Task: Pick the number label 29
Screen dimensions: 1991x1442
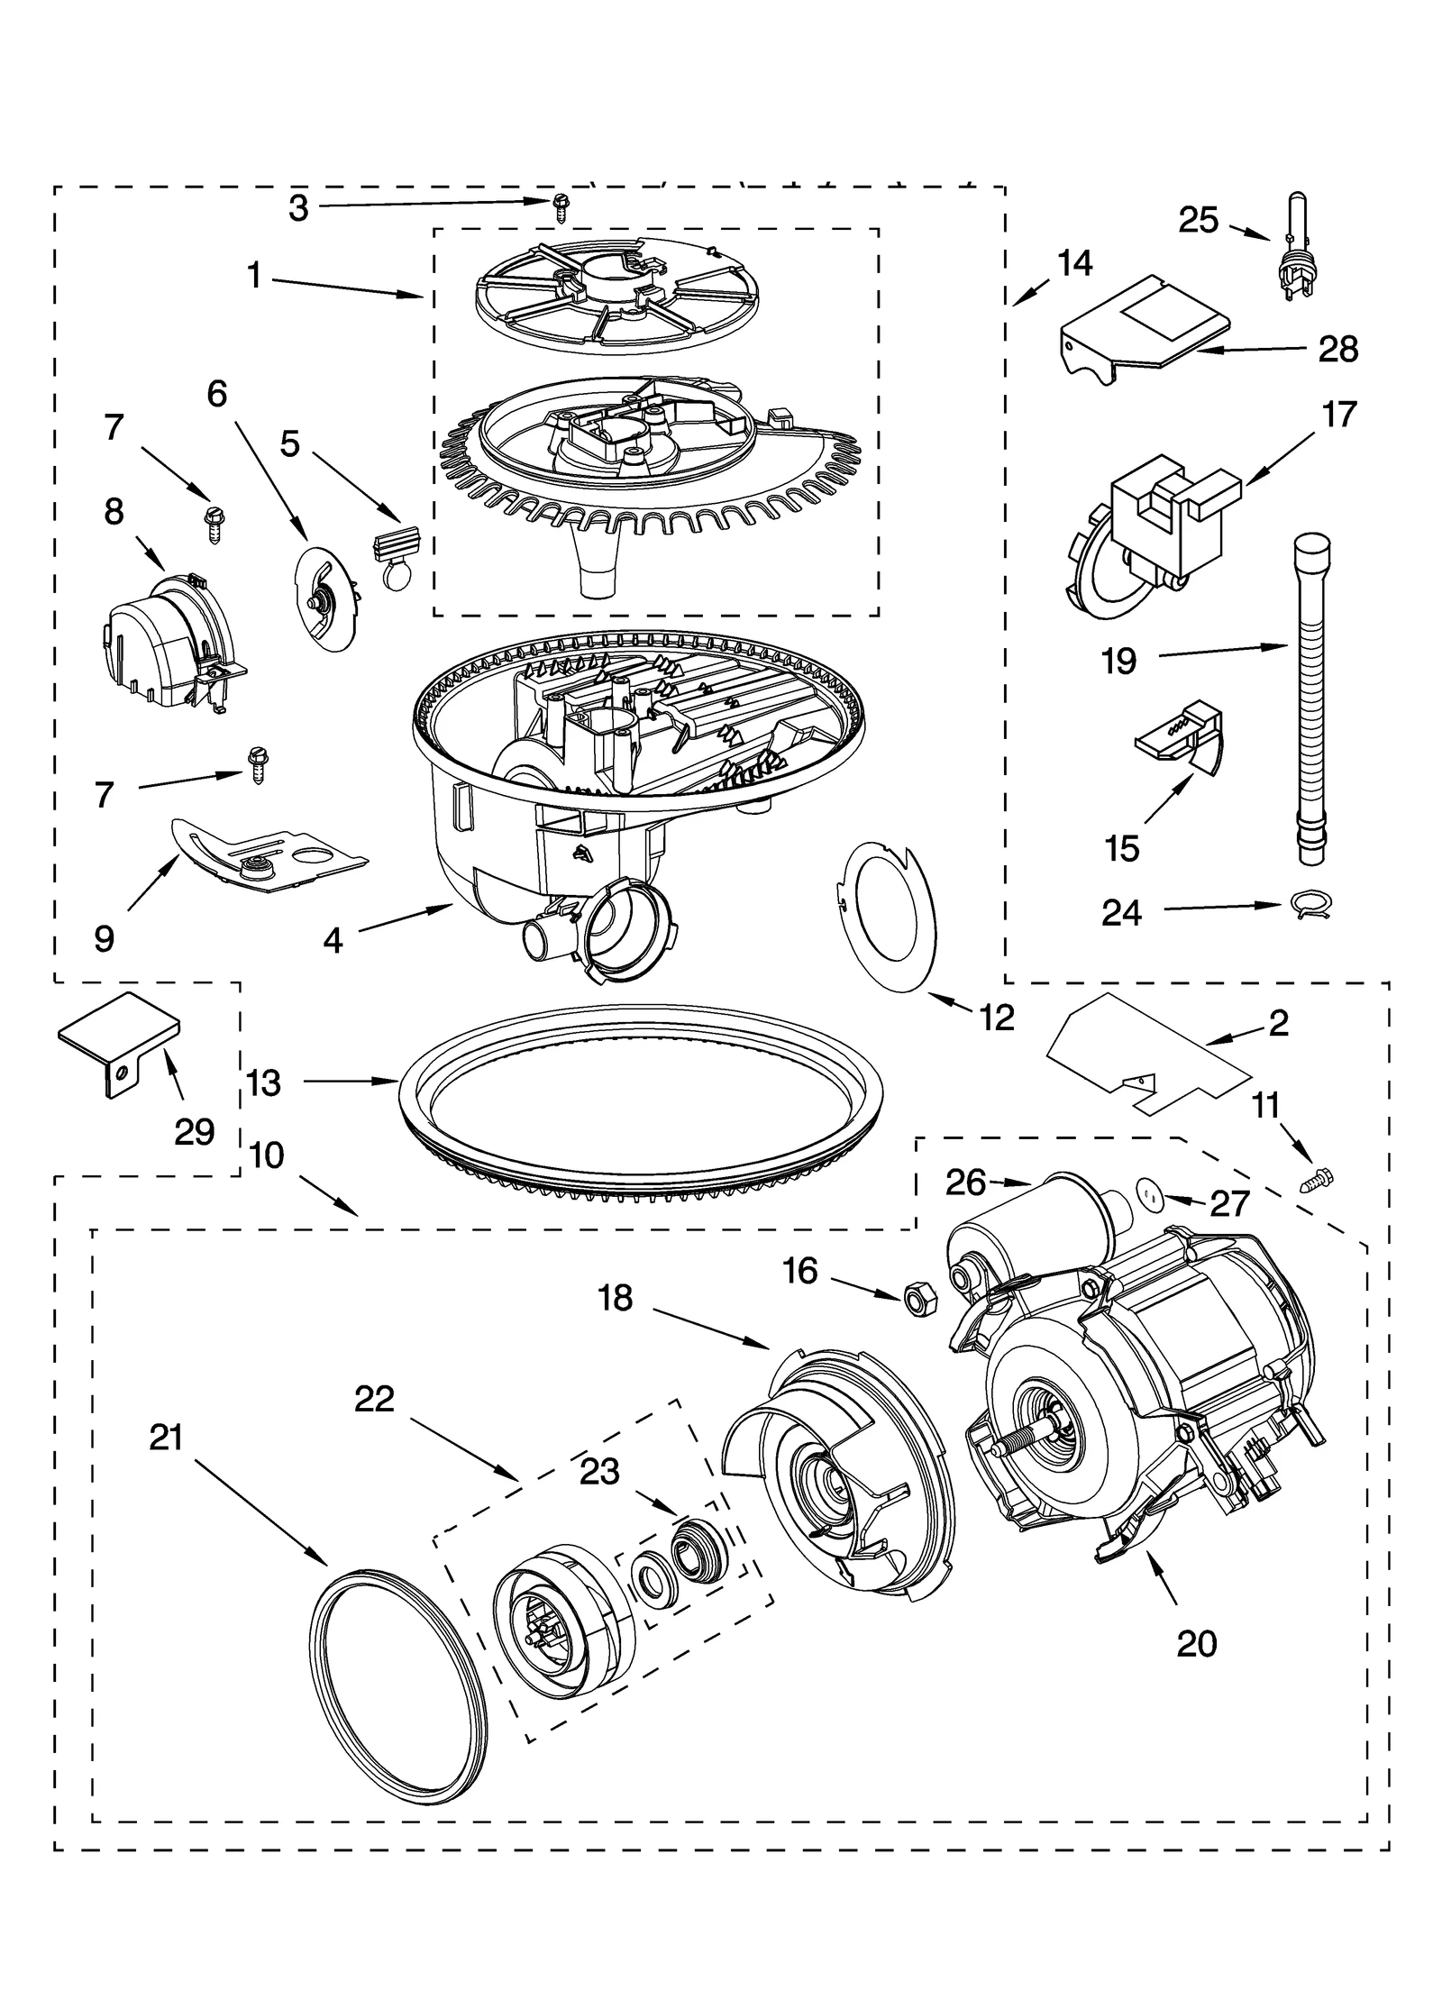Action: [x=194, y=1131]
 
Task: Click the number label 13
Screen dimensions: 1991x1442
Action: [x=263, y=1082]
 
